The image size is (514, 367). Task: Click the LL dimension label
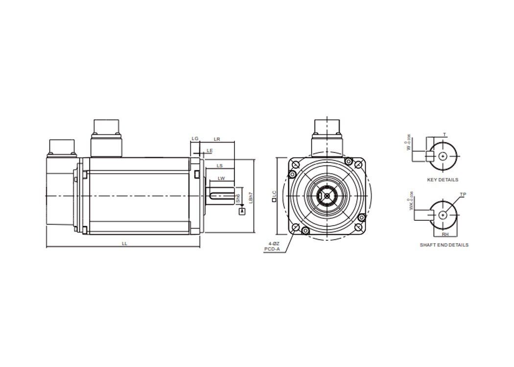tap(124, 243)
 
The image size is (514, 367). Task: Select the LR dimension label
tap(217, 139)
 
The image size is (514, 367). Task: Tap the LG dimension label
tap(195, 139)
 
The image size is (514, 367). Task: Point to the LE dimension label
tap(210, 150)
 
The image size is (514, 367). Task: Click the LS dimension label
tap(220, 166)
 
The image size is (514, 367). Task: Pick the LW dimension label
tap(221, 178)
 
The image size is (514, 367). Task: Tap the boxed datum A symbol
tap(241, 211)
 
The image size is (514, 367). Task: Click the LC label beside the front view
tap(274, 196)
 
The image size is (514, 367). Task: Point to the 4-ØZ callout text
tap(274, 243)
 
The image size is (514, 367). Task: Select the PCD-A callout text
tap(272, 249)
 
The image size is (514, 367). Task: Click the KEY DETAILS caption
tap(443, 180)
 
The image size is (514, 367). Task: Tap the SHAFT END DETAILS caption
tap(444, 245)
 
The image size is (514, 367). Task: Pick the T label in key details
tap(444, 134)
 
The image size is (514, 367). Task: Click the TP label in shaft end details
tap(463, 195)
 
